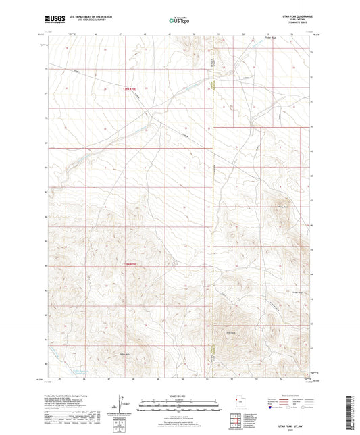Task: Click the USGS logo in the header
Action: [x=51, y=20]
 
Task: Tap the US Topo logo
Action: [x=179, y=21]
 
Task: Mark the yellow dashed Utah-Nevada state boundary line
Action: [x=213, y=203]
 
